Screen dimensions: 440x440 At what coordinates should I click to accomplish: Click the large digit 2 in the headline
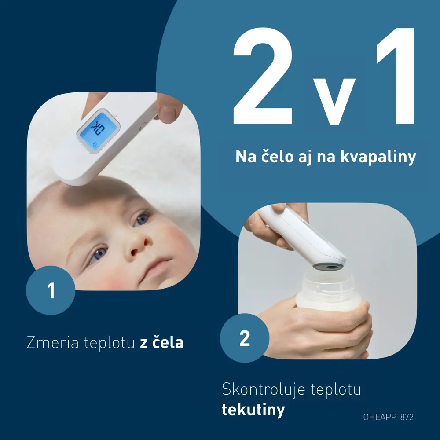tap(263, 76)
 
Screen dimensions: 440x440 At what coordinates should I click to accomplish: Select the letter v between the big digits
tap(334, 101)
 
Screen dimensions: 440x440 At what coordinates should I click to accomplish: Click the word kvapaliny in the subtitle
tap(378, 157)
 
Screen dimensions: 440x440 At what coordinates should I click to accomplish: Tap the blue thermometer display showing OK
tap(98, 131)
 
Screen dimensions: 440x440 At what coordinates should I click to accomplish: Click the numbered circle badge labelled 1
tap(51, 290)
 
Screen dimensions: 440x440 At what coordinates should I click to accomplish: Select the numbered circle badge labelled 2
tap(245, 338)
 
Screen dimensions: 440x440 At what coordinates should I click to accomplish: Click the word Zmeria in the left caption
tap(52, 343)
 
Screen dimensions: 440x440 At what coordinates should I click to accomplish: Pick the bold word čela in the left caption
tap(168, 342)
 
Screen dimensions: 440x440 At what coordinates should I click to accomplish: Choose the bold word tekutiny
tap(253, 410)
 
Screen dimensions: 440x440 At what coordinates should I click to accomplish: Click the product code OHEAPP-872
tap(389, 417)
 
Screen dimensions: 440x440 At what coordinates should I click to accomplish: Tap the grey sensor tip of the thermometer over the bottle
tap(329, 266)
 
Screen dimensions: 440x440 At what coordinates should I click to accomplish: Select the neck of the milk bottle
tap(329, 283)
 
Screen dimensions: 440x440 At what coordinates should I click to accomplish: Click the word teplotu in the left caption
tap(109, 343)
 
